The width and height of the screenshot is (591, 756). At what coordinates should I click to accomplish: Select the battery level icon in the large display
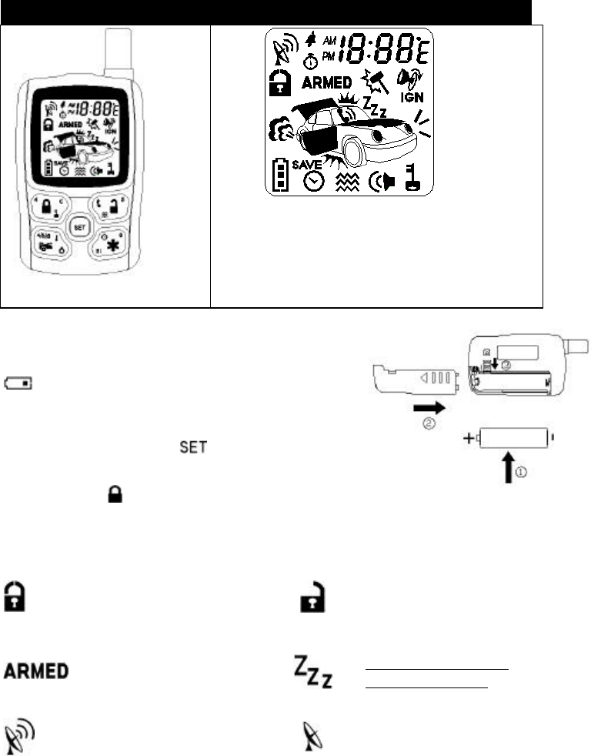(281, 175)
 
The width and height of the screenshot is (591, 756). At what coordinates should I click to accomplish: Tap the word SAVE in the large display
(307, 164)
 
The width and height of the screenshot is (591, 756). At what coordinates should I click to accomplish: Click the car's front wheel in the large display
(356, 151)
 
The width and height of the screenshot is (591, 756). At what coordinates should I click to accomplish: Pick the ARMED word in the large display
(326, 82)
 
